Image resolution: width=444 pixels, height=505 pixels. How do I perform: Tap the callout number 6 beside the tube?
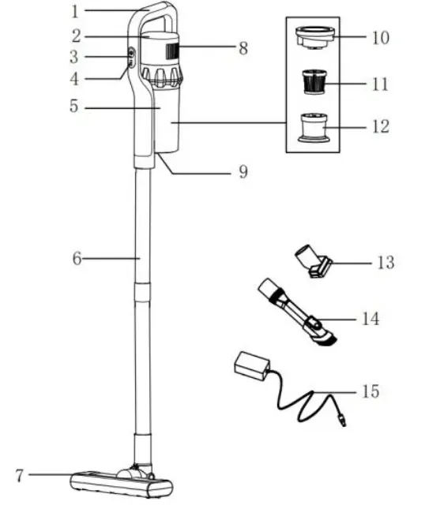77,258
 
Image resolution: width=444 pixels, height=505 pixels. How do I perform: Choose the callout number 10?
380,37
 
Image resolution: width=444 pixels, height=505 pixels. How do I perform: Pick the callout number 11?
380,83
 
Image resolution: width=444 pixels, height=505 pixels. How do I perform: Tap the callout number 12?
380,126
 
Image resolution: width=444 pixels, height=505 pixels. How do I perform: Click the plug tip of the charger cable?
342,422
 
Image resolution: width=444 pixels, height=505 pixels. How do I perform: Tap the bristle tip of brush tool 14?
326,339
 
